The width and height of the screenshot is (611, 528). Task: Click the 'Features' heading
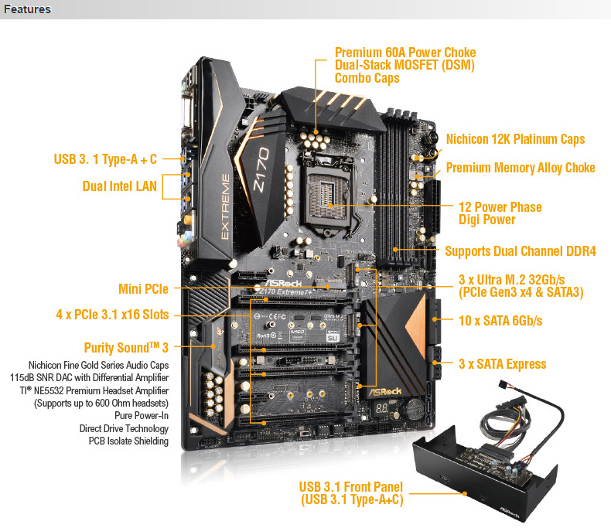(27, 9)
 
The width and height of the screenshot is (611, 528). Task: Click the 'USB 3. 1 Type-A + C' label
(105, 159)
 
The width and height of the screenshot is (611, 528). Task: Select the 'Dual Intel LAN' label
(120, 186)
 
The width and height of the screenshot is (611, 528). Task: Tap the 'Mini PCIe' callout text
(143, 289)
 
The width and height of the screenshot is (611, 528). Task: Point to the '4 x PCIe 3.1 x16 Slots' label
(113, 314)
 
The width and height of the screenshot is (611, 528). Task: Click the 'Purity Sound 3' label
(126, 347)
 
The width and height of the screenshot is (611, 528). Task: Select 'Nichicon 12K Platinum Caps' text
(516, 139)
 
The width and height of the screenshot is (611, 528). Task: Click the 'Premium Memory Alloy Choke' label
(521, 168)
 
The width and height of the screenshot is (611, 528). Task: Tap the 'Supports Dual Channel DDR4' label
(521, 251)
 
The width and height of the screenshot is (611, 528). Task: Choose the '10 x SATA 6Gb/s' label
(500, 321)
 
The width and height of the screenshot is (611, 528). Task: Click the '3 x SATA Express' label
(503, 363)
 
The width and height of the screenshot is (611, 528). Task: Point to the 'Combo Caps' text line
(367, 78)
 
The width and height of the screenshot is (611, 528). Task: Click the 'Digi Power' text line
(487, 220)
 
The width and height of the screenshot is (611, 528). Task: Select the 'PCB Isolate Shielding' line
(128, 441)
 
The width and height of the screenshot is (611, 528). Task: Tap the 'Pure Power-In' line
(142, 415)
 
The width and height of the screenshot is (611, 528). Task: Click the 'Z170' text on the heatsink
(261, 170)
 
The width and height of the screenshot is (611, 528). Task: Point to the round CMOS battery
(414, 407)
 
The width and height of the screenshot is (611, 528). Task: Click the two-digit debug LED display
(382, 408)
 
